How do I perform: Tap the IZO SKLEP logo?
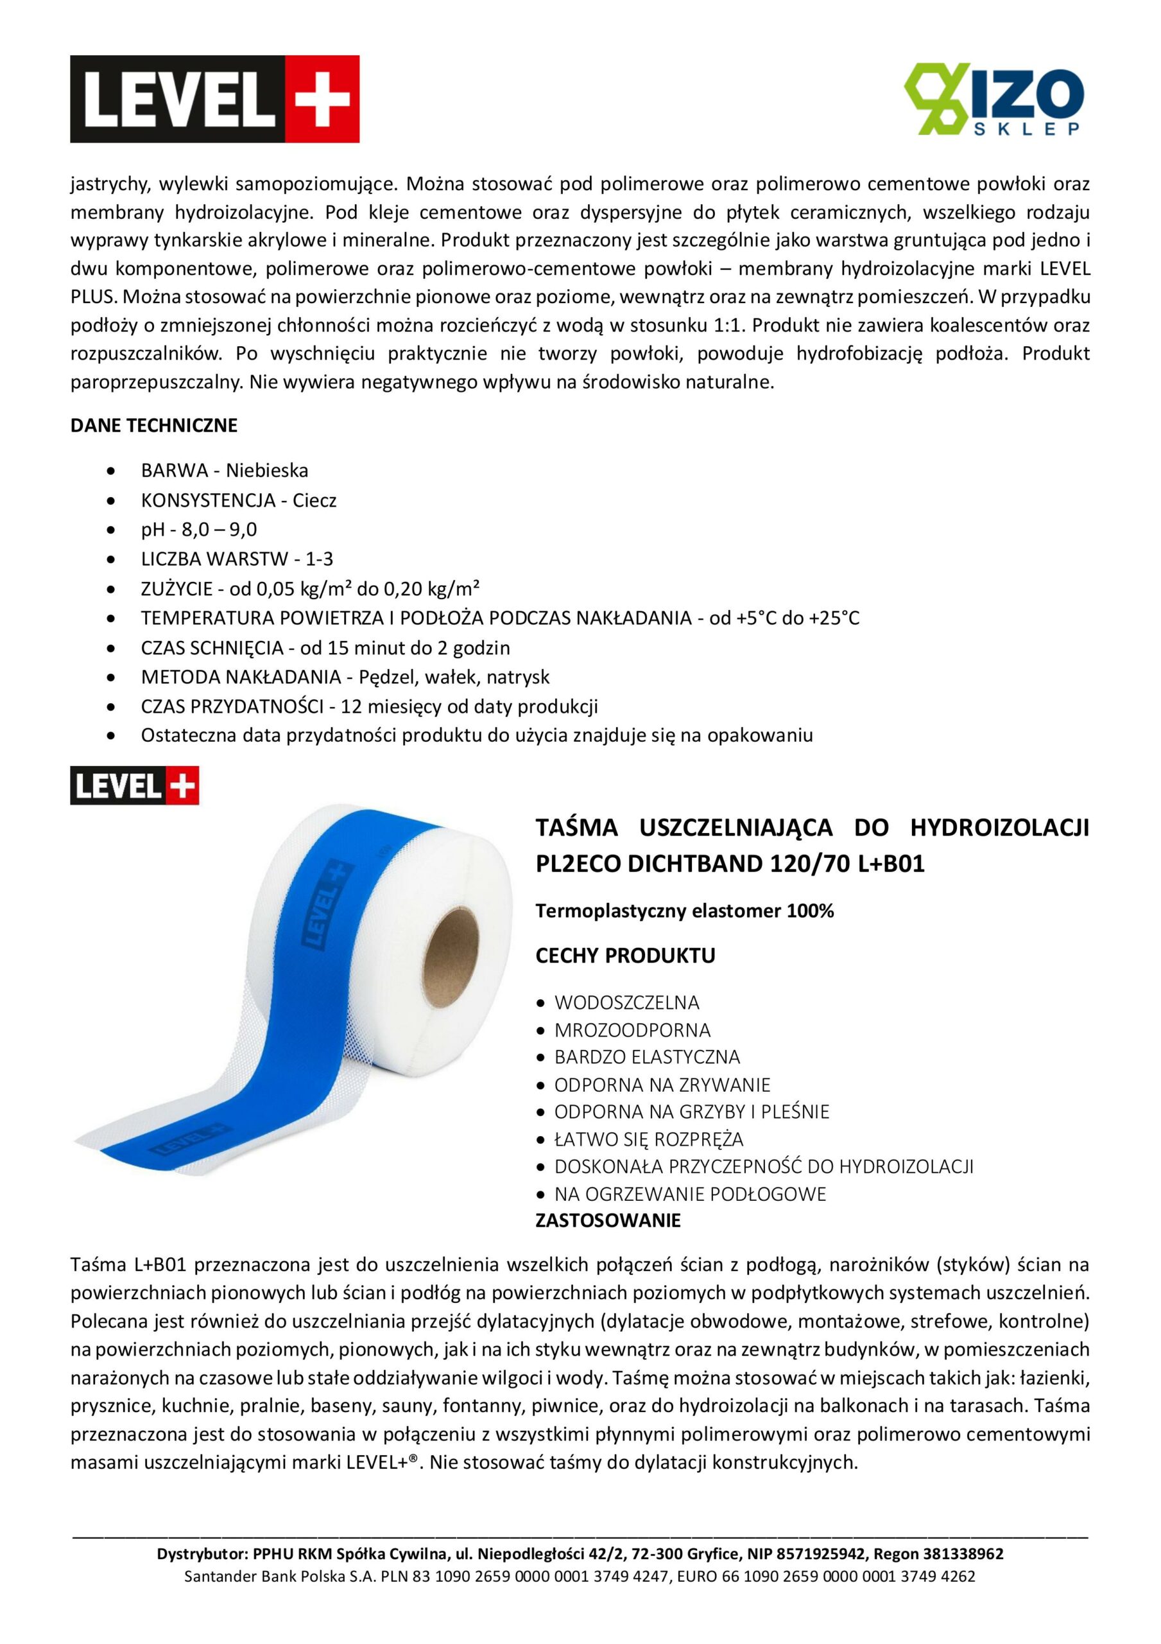[x=994, y=99]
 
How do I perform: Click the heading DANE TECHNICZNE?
[x=154, y=425]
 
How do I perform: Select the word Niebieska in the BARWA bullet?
[x=267, y=471]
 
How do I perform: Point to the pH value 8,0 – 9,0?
[x=219, y=529]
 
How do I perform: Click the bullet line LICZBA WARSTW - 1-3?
[x=237, y=559]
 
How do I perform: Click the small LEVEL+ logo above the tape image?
[x=135, y=785]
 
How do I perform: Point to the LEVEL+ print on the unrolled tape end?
[x=180, y=1139]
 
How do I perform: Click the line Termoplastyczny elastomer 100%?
[x=684, y=911]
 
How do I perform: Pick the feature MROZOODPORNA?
[x=632, y=1029]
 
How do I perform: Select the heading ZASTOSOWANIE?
[x=608, y=1220]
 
